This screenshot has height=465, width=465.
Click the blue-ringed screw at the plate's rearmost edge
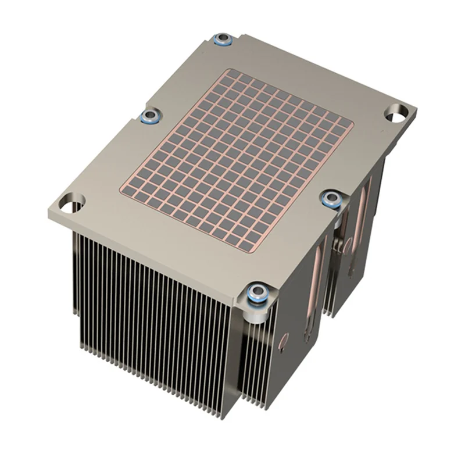[222, 40]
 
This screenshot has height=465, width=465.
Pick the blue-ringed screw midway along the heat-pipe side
[332, 199]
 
